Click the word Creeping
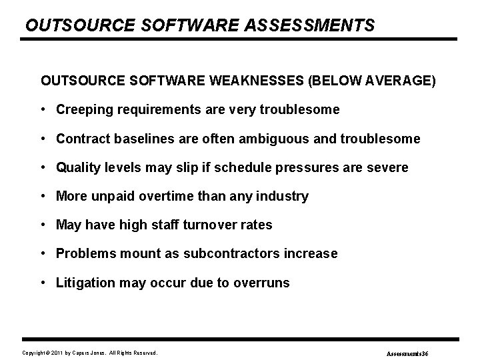(83, 109)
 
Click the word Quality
(78, 167)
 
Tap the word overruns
(263, 283)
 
